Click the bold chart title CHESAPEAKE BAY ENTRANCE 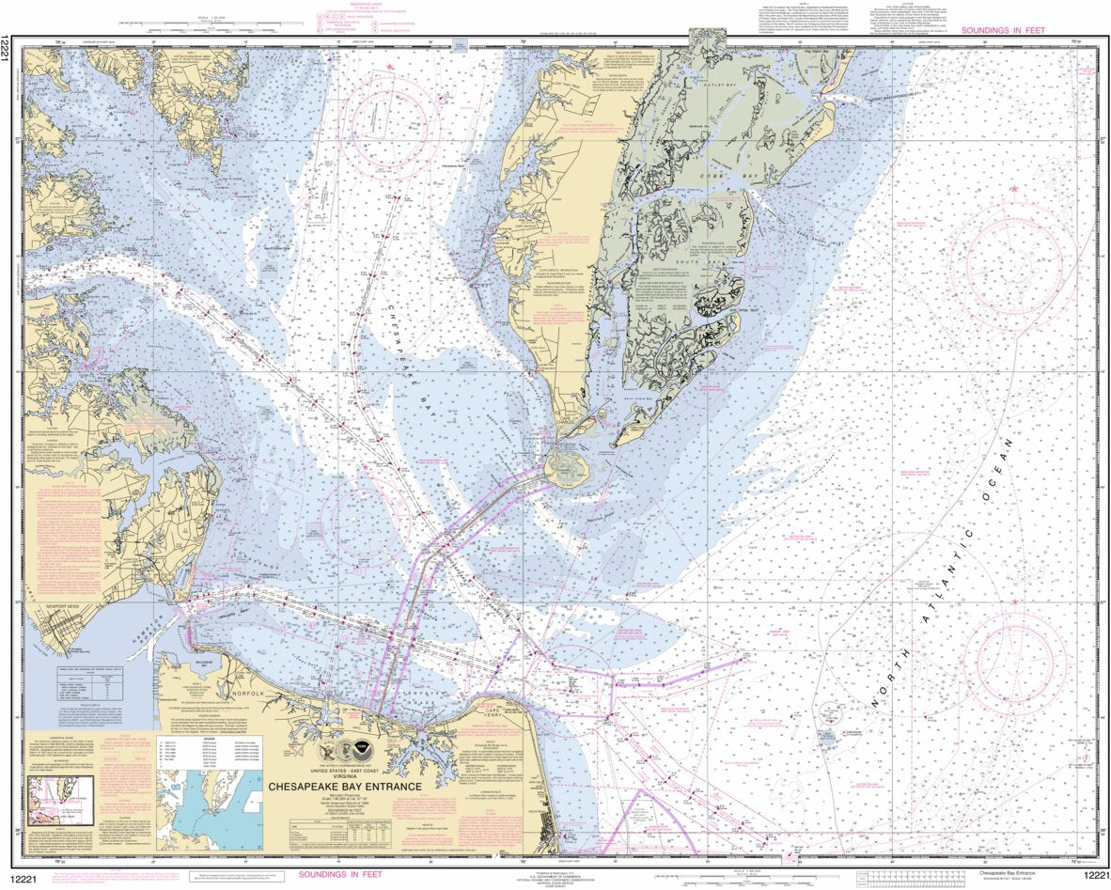345,787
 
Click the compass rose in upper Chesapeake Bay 390,126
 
